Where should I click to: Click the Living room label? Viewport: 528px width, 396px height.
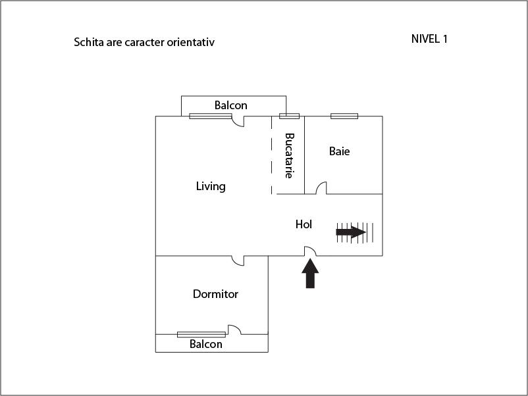click(x=211, y=186)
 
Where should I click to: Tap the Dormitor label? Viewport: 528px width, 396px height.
click(x=215, y=294)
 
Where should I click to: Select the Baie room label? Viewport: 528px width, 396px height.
click(x=340, y=151)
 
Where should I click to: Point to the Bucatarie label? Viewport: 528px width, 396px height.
click(x=289, y=155)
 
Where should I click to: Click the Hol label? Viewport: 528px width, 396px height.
click(x=304, y=224)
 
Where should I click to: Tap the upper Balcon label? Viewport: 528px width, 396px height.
click(x=231, y=105)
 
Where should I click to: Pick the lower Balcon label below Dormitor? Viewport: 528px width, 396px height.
click(x=206, y=344)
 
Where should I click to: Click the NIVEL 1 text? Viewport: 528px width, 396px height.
click(x=429, y=39)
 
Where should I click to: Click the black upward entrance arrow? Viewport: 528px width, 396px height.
click(x=310, y=273)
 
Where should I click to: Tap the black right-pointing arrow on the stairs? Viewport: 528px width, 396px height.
click(x=351, y=232)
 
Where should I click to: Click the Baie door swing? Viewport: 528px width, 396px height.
click(x=321, y=187)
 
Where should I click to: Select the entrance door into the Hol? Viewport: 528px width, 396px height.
click(x=310, y=251)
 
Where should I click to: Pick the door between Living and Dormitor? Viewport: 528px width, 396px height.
click(x=238, y=260)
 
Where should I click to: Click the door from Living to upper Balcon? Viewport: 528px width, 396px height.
click(x=238, y=121)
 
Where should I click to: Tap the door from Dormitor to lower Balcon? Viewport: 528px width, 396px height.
click(x=235, y=330)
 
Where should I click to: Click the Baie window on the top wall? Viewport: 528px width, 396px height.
click(x=344, y=116)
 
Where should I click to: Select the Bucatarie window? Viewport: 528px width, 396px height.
click(x=289, y=116)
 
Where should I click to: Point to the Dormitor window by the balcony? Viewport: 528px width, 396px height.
click(x=201, y=334)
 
